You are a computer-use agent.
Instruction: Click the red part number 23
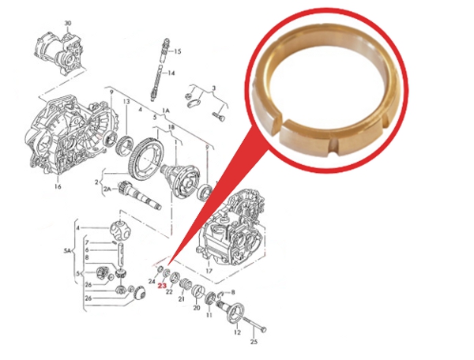[162, 287]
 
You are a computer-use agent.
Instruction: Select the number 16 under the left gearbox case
[57, 188]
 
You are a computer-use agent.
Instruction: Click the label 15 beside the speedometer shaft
[177, 51]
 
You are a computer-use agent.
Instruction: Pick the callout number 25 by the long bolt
[254, 342]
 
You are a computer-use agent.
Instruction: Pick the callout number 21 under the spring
[181, 300]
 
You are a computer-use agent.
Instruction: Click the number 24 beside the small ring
[152, 280]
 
